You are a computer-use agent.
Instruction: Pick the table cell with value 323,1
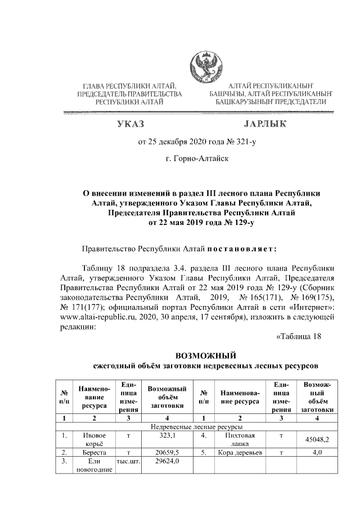[168, 435]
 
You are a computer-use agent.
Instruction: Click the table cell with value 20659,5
[168, 452]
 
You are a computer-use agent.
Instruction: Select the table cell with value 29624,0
[168, 461]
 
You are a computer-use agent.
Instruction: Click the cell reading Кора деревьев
[240, 452]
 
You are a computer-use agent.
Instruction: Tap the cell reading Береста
[94, 452]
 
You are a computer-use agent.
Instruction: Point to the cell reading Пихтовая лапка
[240, 439]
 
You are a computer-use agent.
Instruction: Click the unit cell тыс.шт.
[128, 461]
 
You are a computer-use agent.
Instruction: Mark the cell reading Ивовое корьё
[94, 439]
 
